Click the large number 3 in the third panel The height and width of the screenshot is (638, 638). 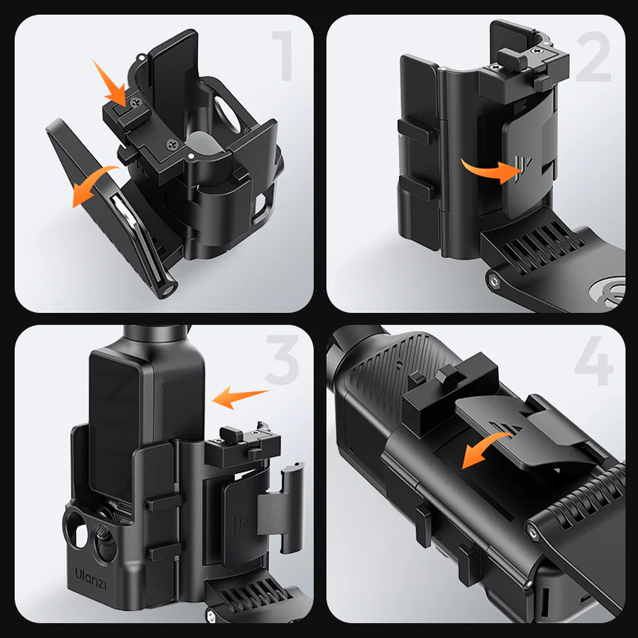(x=283, y=361)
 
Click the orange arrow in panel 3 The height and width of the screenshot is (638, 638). (x=240, y=397)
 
